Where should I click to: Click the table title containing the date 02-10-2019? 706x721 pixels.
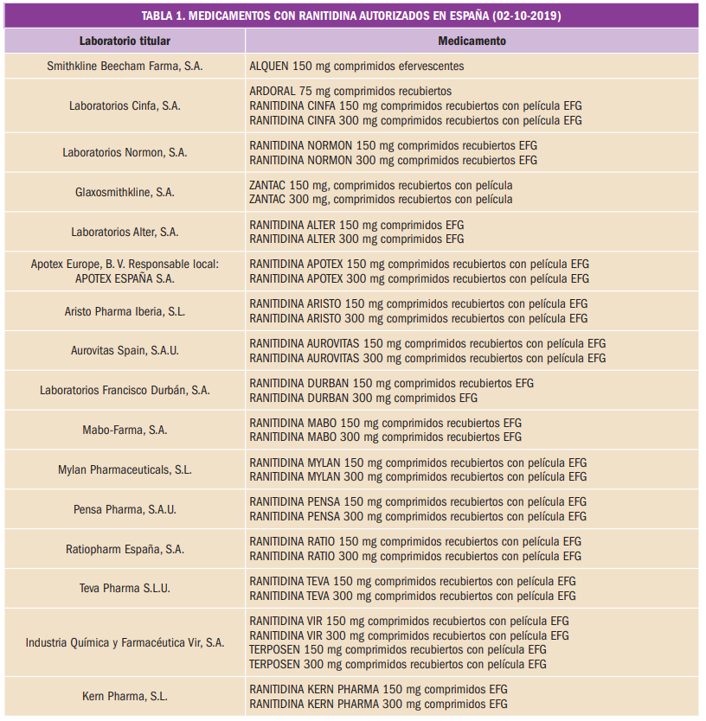click(353, 16)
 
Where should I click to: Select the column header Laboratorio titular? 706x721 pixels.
click(125, 41)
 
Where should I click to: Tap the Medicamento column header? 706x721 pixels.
click(472, 41)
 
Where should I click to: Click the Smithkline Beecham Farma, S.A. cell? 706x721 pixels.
click(125, 66)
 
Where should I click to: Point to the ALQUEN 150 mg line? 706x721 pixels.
click(356, 66)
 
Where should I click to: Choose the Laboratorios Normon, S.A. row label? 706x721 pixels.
click(125, 152)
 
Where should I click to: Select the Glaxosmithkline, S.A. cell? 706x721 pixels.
click(125, 192)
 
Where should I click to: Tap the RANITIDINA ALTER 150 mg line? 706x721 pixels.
click(356, 225)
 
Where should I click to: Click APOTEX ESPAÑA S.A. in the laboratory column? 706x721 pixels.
click(125, 278)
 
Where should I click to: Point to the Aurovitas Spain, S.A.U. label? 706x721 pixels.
click(125, 351)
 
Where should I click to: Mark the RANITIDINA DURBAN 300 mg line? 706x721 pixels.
click(363, 398)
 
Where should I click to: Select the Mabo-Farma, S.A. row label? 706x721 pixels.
click(125, 430)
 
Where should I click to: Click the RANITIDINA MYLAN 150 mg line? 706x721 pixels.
click(418, 463)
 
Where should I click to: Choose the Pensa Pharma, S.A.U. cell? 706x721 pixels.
click(125, 509)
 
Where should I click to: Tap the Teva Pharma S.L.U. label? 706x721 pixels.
click(125, 588)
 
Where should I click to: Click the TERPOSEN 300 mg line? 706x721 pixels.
click(398, 664)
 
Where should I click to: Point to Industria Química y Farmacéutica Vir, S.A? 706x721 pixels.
click(125, 642)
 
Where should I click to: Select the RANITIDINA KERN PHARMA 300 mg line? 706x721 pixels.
click(378, 704)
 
